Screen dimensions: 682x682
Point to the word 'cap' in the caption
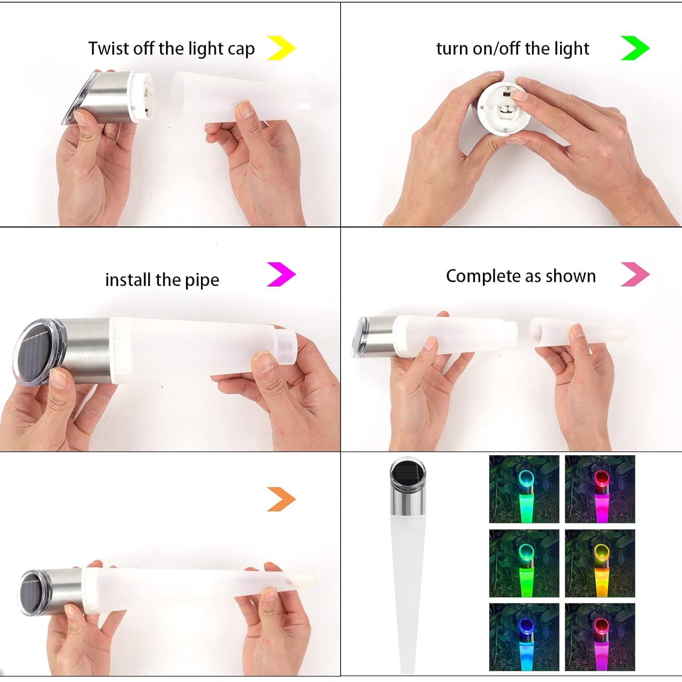241,49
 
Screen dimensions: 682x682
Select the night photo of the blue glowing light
524,637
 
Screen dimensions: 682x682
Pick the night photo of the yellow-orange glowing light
600,563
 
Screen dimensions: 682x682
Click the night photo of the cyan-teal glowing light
524,489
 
